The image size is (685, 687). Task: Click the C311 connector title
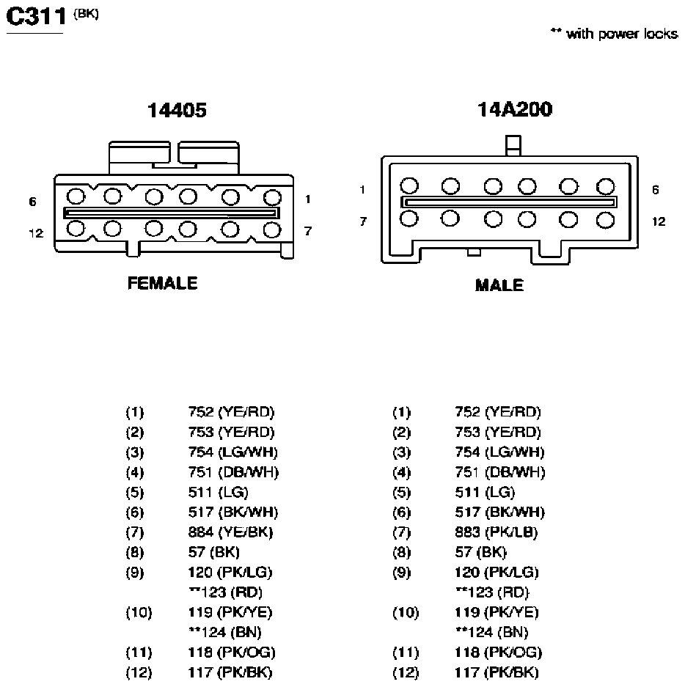36,17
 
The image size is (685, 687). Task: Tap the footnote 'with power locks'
622,34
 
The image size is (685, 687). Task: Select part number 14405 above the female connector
177,110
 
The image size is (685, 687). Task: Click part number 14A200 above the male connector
515,109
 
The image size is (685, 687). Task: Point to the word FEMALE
162,283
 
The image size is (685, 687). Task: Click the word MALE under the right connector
499,285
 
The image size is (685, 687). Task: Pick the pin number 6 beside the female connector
32,202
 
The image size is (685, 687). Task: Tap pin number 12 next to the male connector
659,221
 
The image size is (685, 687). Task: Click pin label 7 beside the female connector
307,231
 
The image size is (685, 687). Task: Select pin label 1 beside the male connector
362,190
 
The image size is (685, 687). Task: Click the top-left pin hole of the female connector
76,196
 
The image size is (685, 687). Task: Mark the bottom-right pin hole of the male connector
605,220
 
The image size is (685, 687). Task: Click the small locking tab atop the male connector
513,145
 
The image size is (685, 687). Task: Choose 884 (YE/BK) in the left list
230,532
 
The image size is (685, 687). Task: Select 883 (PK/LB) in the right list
496,532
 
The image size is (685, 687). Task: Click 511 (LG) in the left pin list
219,493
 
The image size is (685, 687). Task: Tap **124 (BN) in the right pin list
491,632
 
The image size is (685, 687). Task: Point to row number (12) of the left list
139,672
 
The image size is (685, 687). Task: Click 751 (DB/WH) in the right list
500,472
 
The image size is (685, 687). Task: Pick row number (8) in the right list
401,553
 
